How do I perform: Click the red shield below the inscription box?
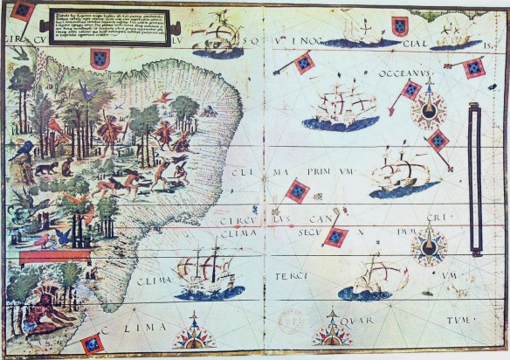[98, 58]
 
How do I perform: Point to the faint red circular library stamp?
[289, 322]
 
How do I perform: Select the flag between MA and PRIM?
[298, 190]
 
